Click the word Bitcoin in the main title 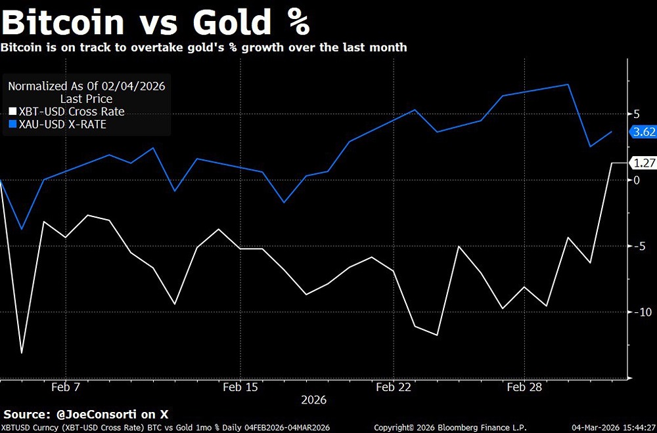(62, 22)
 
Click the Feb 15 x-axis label (240, 387)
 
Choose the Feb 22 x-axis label (394, 387)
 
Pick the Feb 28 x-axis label (526, 387)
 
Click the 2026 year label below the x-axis (313, 400)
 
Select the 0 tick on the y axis (635, 180)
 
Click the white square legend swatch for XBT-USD (12, 112)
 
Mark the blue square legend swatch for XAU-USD (12, 123)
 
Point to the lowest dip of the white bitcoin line (22, 353)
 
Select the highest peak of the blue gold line (567, 85)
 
